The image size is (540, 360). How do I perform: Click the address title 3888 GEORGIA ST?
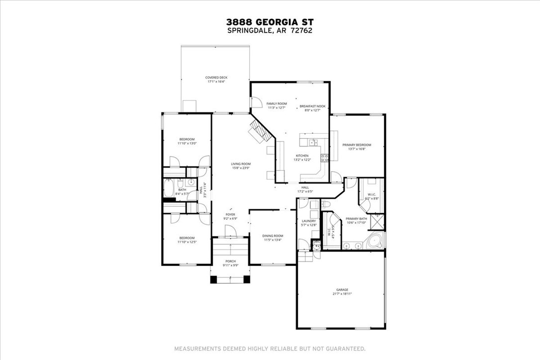point(270,22)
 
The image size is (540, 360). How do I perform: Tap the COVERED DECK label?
point(216,78)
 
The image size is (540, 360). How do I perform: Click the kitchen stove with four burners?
point(324,158)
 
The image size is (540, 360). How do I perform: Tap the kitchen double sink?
point(314,142)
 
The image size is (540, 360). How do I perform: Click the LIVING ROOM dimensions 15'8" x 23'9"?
point(241,168)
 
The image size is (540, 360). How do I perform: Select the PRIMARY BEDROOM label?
point(357,145)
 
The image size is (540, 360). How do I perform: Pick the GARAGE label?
point(342,289)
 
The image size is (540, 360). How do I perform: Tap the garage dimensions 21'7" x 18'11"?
point(342,294)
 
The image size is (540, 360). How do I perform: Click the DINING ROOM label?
point(273,236)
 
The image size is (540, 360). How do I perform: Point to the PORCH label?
point(230,261)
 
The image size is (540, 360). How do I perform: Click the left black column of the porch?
point(214,279)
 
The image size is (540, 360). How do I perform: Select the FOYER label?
point(230,214)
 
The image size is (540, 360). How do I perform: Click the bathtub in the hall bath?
point(169,189)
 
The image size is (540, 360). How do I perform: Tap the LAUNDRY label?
point(309,221)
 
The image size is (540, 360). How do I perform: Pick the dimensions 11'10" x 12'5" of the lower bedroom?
point(187,242)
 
